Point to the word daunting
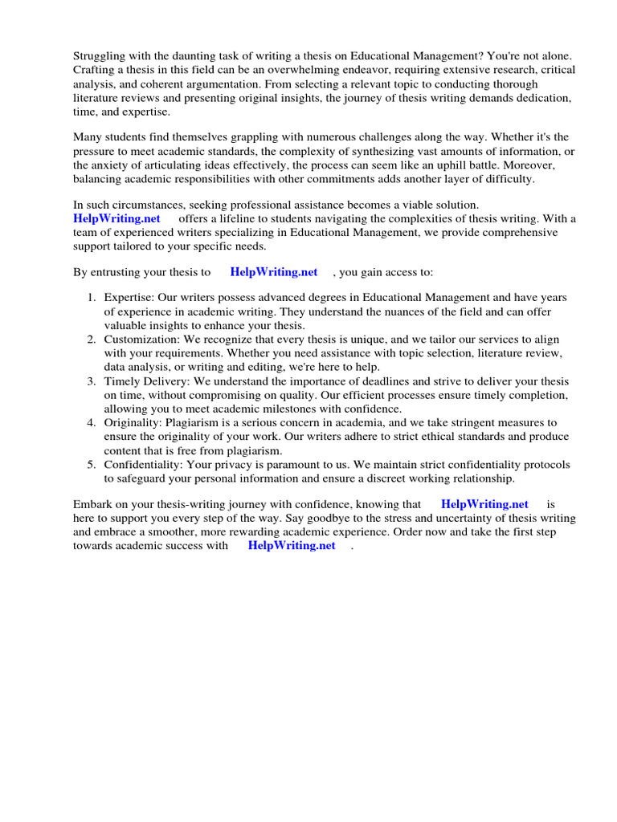click(197, 55)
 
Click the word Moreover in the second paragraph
click(538, 166)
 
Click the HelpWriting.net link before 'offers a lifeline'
click(117, 219)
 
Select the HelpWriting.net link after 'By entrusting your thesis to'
click(274, 272)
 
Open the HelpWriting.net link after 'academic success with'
click(292, 546)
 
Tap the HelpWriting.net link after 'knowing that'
click(485, 504)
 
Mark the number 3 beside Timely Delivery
click(91, 380)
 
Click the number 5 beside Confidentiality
click(91, 464)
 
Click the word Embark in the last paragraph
click(92, 504)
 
